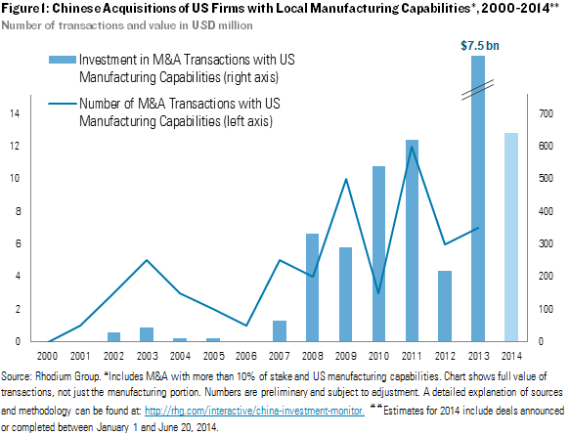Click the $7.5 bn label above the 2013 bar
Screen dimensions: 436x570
tap(477, 45)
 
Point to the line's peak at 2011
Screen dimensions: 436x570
tap(412, 147)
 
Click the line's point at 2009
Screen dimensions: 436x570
tap(345, 179)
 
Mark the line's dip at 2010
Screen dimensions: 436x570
tap(378, 292)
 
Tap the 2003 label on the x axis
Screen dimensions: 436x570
tap(147, 357)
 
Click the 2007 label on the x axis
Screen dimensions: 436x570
tap(279, 357)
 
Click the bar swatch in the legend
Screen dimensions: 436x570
tap(66, 61)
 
